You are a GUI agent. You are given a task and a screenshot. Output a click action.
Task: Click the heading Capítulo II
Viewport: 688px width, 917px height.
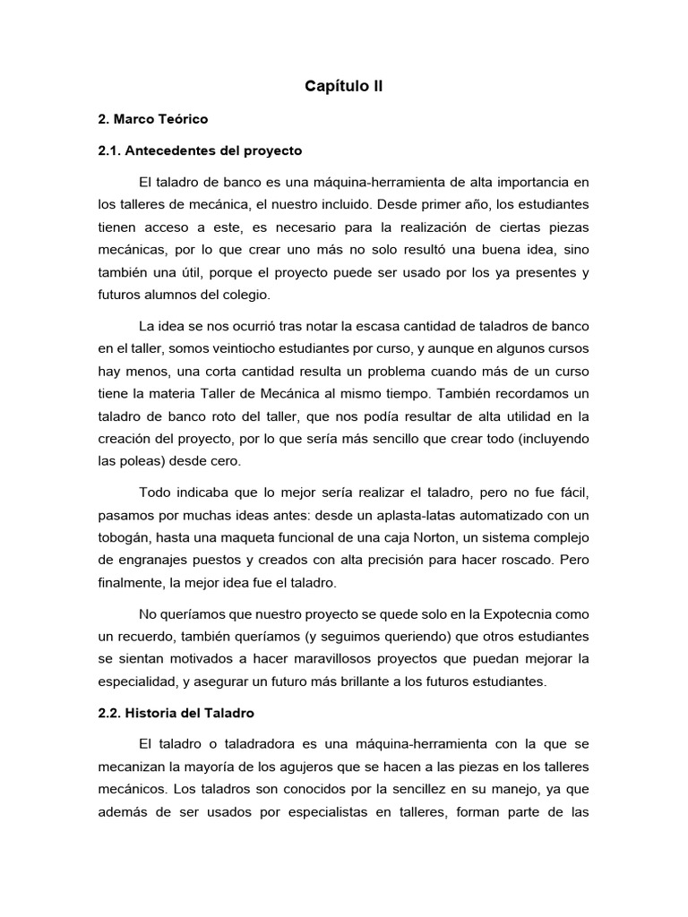[x=344, y=86]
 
